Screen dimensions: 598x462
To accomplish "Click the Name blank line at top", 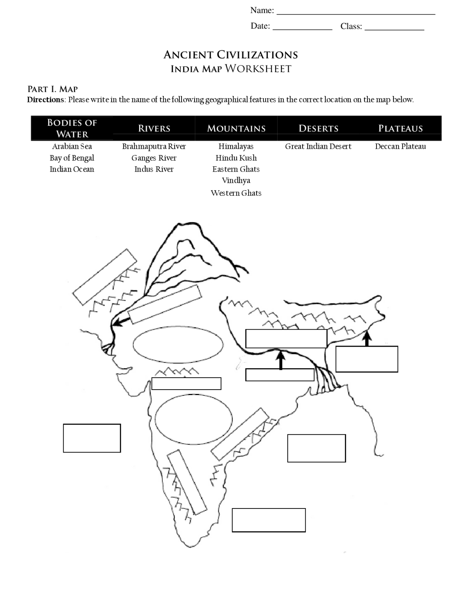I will coord(356,13).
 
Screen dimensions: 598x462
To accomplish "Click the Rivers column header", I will coord(154,128).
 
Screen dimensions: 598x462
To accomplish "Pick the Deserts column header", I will coord(318,128).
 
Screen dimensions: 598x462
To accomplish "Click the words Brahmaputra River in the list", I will coord(154,146).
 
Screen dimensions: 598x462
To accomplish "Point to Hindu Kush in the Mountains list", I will coord(236,158).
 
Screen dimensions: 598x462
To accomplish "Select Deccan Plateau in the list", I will coord(400,146).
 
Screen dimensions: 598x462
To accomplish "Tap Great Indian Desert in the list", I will coord(318,146).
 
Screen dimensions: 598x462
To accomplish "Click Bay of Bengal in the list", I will coord(72,158).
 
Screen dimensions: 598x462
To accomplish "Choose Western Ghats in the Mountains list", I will coord(236,193).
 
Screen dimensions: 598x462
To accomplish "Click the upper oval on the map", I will coord(178,344).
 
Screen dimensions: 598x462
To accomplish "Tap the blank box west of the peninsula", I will coord(92,438).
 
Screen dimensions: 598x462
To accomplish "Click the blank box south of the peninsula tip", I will coord(269,520).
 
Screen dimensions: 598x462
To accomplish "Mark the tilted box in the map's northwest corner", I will coord(105,277).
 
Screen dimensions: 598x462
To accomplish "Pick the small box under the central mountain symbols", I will coord(186,383).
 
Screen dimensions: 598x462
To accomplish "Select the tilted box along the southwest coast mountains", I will coord(187,482).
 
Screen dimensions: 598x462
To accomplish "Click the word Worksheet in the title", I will coord(258,69).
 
